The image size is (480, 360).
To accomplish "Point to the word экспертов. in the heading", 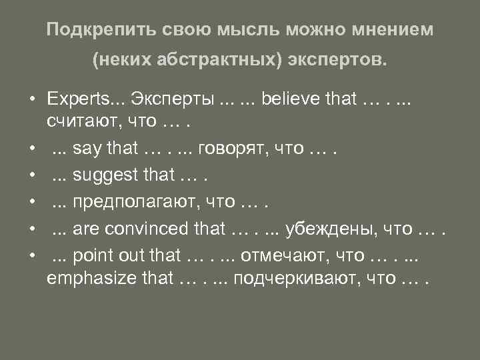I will pyautogui.click(x=339, y=61).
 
